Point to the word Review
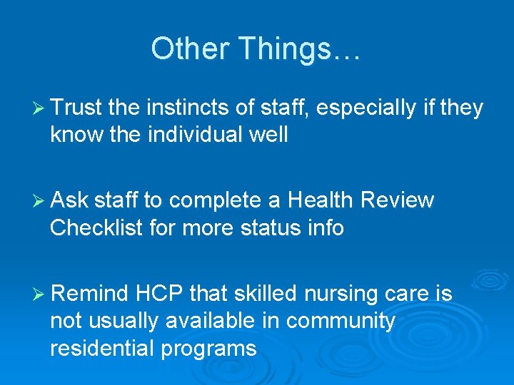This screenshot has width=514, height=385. [398, 201]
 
